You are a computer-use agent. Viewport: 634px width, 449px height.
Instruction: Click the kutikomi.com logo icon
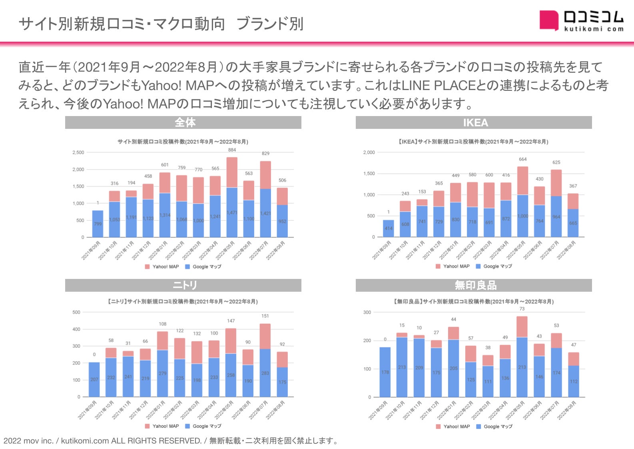coord(548,20)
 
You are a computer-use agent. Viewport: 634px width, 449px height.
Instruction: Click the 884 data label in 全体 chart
coord(232,150)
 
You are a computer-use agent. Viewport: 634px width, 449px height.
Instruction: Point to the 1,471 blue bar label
coord(232,213)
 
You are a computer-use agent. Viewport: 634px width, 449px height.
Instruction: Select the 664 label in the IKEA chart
coord(522,159)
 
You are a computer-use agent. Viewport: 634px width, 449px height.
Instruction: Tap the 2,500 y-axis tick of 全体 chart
coord(78,152)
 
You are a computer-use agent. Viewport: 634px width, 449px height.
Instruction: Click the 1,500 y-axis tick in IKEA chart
coord(369,174)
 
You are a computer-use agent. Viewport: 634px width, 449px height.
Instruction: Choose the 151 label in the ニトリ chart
coord(265,316)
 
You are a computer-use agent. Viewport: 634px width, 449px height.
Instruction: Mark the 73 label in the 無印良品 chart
coord(522,309)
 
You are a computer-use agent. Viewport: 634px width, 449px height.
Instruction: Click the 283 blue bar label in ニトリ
coord(265,373)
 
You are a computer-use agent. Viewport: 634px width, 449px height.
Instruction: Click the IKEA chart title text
coord(474,142)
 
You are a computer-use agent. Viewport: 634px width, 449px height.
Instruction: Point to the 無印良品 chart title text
coord(474,302)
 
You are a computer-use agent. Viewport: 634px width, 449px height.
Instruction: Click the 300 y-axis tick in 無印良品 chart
coord(367,312)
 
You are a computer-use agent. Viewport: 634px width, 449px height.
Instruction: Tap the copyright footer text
coord(171,441)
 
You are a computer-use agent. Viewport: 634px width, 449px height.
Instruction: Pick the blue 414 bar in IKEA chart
coord(388,229)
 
